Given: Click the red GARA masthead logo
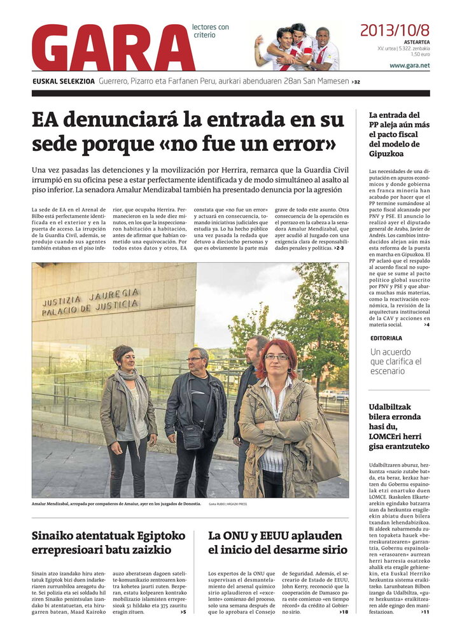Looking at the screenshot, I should [113, 48].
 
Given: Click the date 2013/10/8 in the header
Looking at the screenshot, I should [395, 29].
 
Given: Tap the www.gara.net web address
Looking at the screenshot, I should [409, 66].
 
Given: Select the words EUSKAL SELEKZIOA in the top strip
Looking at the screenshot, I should [64, 82].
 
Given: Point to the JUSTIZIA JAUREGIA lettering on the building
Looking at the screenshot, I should [90, 302].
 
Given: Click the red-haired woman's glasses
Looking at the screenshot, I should [276, 357].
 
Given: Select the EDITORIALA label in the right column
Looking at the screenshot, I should [386, 338].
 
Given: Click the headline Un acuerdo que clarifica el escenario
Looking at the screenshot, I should [396, 361].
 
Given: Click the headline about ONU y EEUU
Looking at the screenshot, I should [277, 542].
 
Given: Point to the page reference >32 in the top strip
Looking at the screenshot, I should [356, 82].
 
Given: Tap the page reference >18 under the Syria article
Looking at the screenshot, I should [344, 612].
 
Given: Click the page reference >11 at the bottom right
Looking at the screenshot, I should [425, 612].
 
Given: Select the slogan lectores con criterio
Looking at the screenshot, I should [211, 31].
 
